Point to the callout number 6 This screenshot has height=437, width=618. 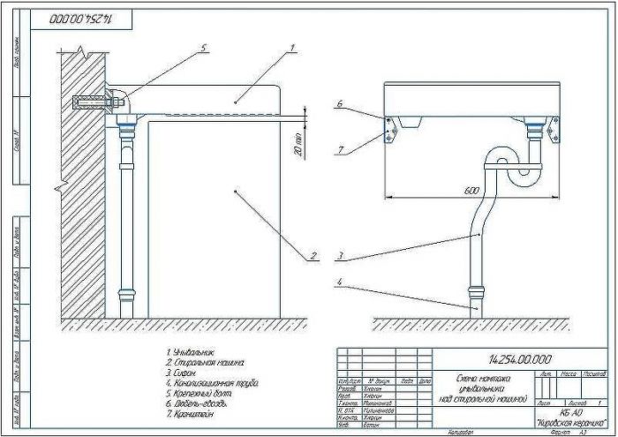tap(338, 104)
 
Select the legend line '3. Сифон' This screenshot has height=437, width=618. tap(181, 372)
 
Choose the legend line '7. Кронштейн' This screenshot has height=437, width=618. tap(189, 413)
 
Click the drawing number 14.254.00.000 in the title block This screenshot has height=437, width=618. tap(519, 359)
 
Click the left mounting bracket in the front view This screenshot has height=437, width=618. tap(390, 131)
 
